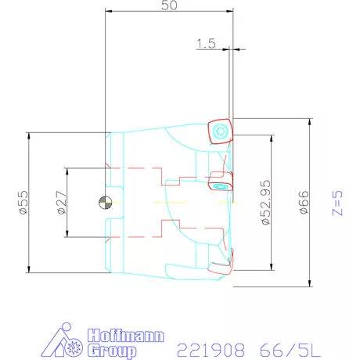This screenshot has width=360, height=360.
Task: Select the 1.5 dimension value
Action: click(207, 44)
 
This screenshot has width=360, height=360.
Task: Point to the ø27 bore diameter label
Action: click(60, 203)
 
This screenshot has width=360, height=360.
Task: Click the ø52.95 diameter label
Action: click(266, 203)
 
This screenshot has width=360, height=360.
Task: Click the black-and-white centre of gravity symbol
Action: click(105, 203)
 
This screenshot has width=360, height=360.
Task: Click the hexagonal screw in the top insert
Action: click(220, 131)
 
